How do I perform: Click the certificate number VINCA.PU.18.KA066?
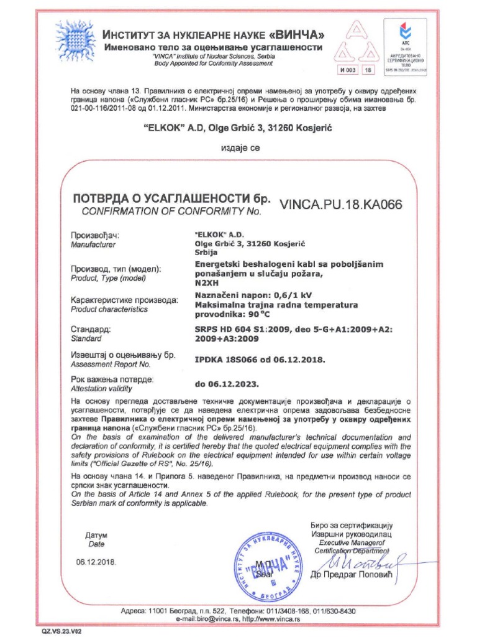point(342,204)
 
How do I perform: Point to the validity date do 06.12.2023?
point(227,384)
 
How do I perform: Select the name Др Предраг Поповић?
point(352,574)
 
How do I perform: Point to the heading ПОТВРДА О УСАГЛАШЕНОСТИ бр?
point(172,199)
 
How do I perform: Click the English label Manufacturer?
point(93,245)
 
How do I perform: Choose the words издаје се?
point(239,148)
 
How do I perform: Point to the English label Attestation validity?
point(102,388)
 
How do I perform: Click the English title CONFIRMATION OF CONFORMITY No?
point(168,212)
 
